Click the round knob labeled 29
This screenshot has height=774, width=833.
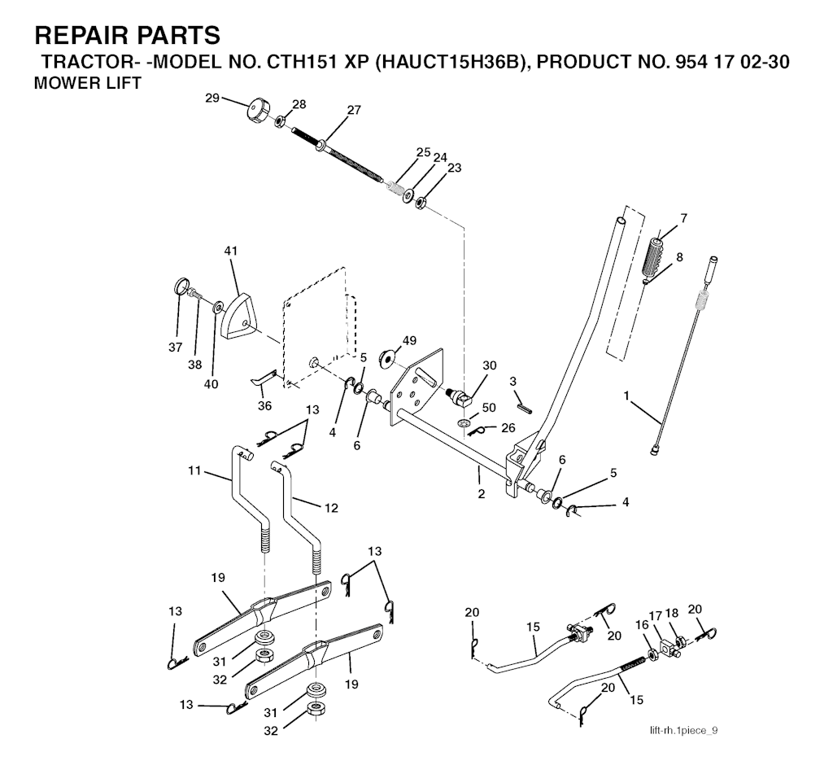[259, 111]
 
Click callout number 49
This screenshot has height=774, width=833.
[409, 339]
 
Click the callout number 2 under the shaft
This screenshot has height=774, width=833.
[481, 494]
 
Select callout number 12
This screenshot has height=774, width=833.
[331, 508]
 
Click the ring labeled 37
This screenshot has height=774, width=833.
[181, 286]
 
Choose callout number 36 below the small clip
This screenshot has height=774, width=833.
[265, 405]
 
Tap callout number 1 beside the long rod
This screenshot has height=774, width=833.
[626, 396]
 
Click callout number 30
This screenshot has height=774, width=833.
[488, 365]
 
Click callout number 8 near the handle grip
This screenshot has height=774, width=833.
[679, 257]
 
